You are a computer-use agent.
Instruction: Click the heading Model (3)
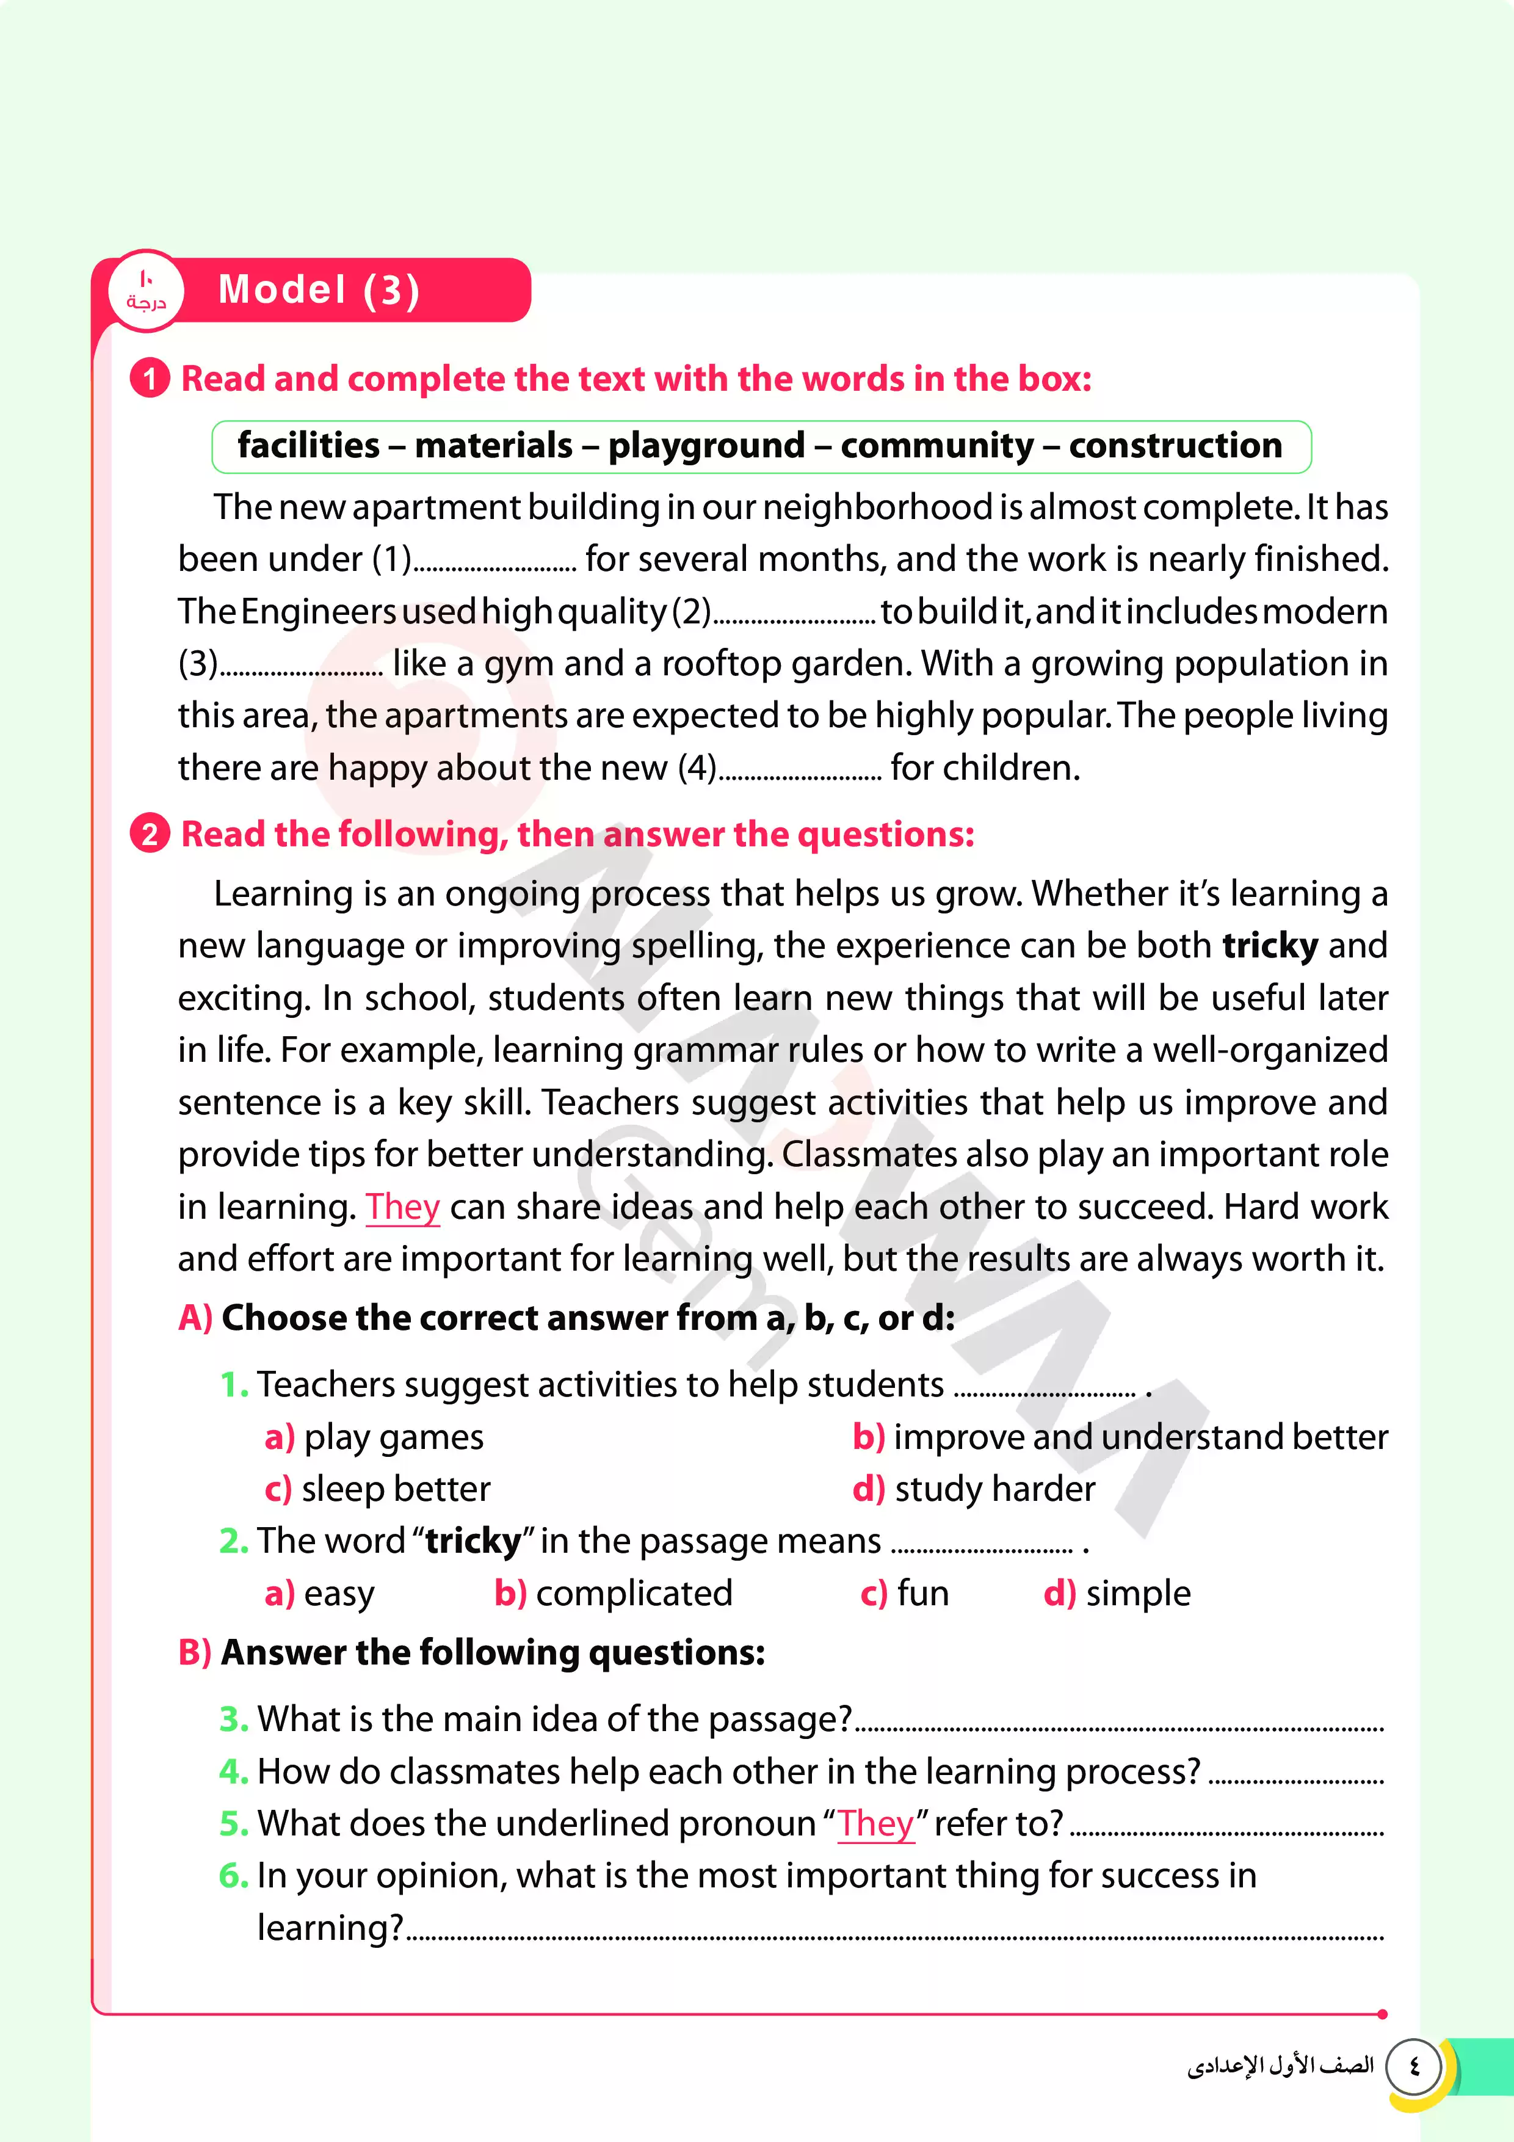click(x=318, y=290)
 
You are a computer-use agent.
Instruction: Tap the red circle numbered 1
click(x=149, y=379)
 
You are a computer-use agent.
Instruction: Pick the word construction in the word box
click(x=1175, y=446)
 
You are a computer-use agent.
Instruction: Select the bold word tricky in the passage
click(x=1270, y=946)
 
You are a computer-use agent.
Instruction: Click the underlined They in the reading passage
click(x=402, y=1207)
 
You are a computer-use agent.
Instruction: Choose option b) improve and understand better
click(x=1120, y=1437)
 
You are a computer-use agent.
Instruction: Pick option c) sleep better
click(x=378, y=1489)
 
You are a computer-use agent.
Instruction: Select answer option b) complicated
click(x=614, y=1594)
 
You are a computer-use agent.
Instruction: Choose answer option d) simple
click(x=1117, y=1594)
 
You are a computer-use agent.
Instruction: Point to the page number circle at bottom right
click(x=1414, y=2066)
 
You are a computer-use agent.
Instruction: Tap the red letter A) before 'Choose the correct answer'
click(x=195, y=1318)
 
